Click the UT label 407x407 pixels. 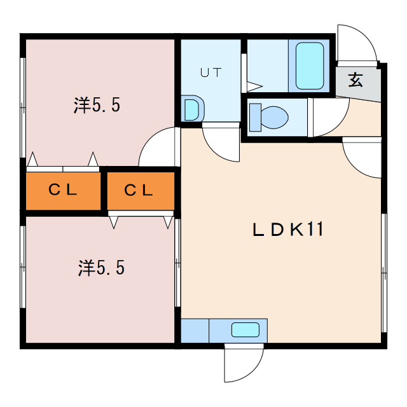tap(210, 72)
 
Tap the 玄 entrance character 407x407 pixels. tap(355, 79)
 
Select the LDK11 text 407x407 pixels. tap(288, 229)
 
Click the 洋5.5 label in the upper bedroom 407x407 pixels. tap(97, 105)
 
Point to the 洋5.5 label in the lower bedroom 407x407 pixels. tap(101, 268)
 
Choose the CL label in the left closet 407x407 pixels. tap(63, 190)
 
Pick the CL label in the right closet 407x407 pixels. tap(139, 190)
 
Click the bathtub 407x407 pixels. tap(310, 66)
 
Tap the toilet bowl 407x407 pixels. tap(274, 117)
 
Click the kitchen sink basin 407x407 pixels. tap(245, 329)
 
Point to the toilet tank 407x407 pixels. tap(255, 117)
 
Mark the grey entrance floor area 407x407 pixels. tap(358, 83)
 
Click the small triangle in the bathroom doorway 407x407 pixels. tap(254, 86)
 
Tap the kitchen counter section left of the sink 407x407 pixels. tap(195, 331)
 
